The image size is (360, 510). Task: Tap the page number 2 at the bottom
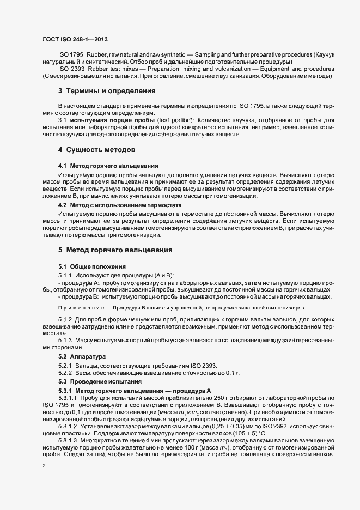click(x=44, y=466)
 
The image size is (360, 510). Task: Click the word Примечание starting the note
click(x=79, y=308)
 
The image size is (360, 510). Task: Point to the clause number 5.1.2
click(x=65, y=318)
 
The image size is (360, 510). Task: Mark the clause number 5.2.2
click(x=65, y=373)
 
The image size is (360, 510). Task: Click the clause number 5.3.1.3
click(x=68, y=439)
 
